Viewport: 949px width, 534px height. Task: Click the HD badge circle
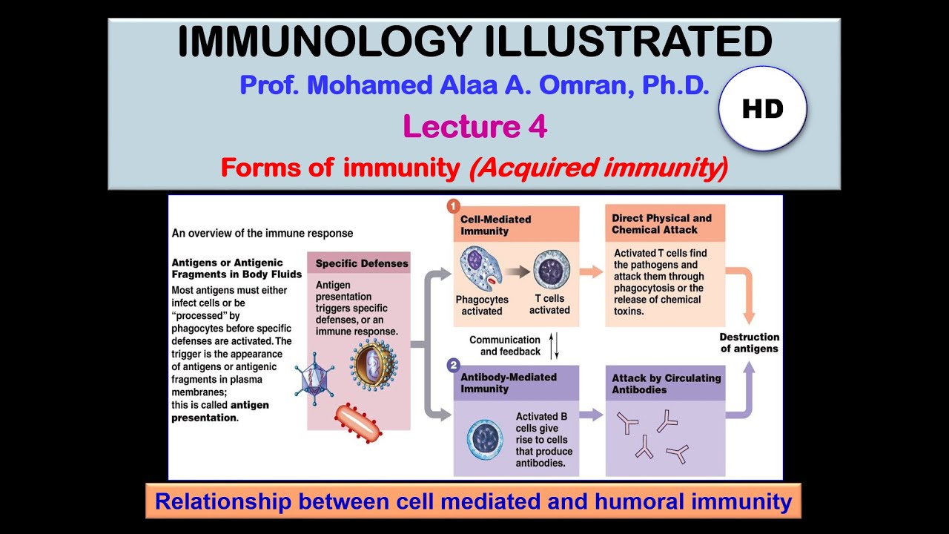coord(762,109)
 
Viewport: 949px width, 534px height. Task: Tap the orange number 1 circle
coord(453,206)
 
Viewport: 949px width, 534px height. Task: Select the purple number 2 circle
coord(453,366)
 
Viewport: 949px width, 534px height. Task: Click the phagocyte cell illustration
coord(481,268)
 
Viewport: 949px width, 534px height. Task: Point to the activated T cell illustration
coord(551,268)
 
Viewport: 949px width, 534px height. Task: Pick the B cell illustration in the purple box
coord(485,439)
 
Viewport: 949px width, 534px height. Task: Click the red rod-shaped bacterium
coord(358,423)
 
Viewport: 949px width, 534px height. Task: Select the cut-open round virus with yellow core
coord(374,364)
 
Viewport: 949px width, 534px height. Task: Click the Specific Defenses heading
coord(361,263)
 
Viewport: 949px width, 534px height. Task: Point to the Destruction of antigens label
coord(749,343)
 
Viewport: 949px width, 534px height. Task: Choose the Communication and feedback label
coord(505,346)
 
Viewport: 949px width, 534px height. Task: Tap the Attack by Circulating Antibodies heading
coord(666,383)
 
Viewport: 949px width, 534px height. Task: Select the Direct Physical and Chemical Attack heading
coord(661,224)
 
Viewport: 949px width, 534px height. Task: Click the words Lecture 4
coord(474,127)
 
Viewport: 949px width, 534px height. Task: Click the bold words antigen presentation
coord(220,411)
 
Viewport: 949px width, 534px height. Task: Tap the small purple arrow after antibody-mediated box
coord(591,415)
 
